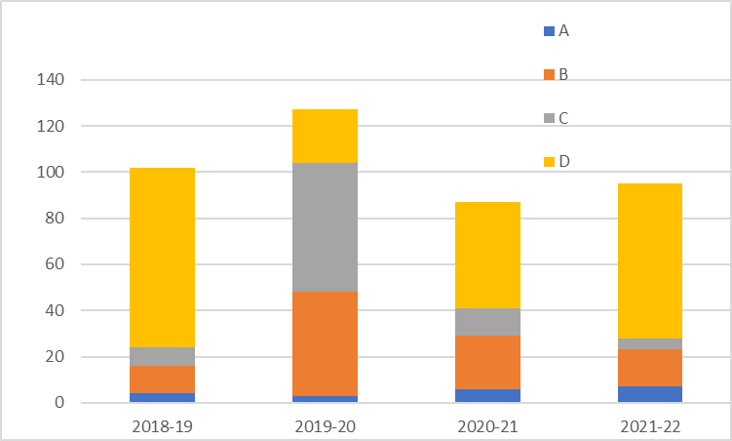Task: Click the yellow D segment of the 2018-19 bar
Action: (163, 258)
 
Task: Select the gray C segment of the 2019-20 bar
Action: (326, 227)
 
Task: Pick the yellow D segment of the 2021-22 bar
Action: (650, 261)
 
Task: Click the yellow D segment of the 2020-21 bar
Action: (488, 255)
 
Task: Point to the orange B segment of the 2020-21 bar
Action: (488, 362)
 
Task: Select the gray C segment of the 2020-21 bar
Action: (488, 322)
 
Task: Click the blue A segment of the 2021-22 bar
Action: (650, 394)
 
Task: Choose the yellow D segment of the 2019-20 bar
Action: (326, 136)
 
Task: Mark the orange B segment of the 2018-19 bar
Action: (163, 380)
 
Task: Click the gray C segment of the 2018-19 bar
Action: (163, 356)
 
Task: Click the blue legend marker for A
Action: (549, 31)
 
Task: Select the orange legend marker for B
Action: (549, 74)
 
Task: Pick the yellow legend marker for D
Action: (549, 161)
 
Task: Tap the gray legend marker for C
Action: (549, 118)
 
